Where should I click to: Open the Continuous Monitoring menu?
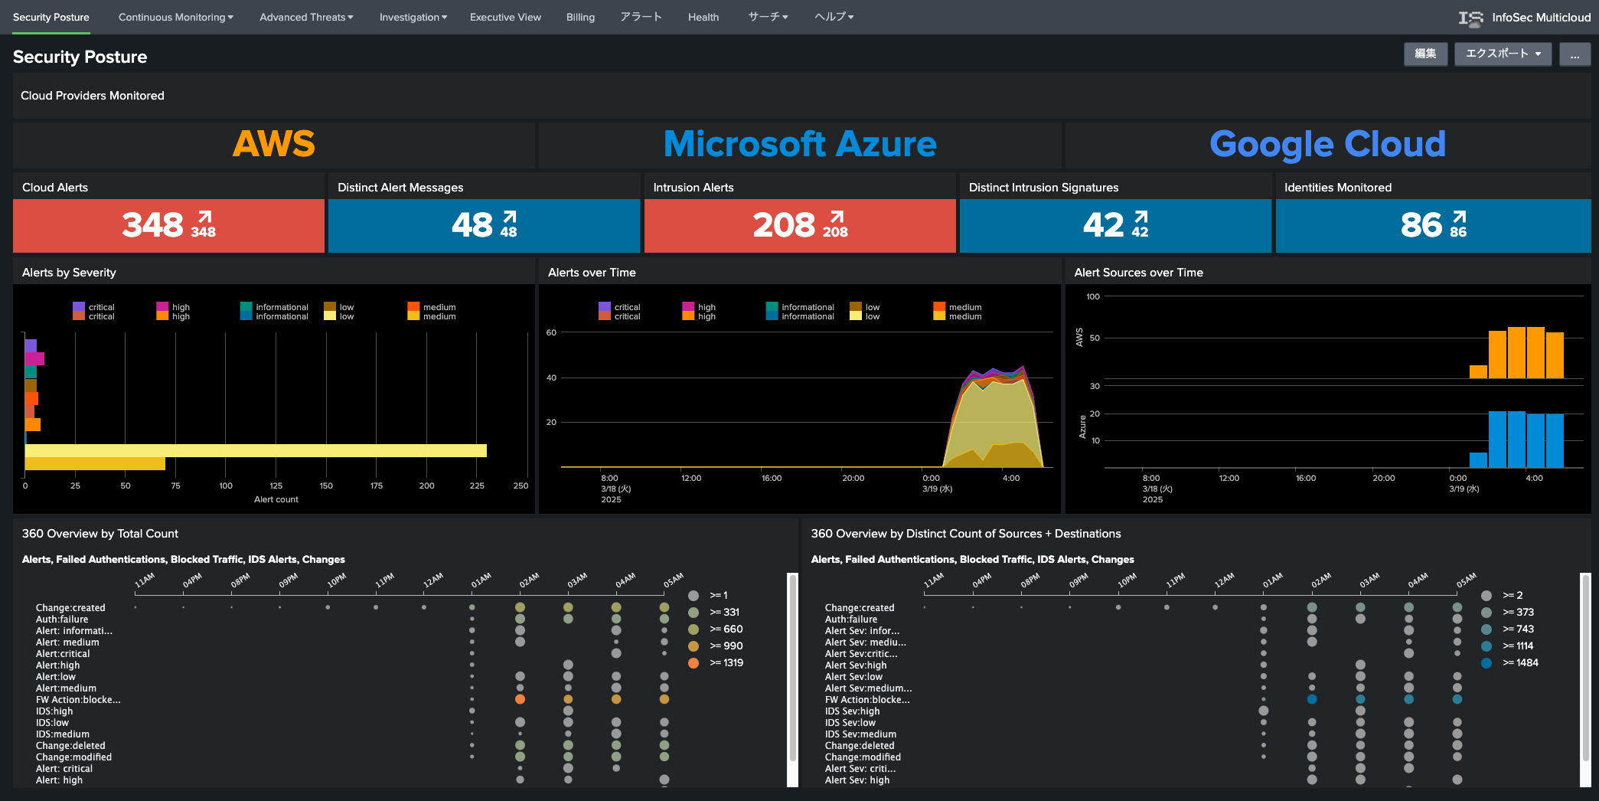(x=175, y=17)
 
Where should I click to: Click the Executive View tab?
(x=505, y=17)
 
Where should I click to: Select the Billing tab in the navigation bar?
(x=580, y=17)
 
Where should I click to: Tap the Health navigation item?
(x=703, y=17)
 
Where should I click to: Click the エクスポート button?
(x=1503, y=54)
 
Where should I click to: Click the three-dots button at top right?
(x=1575, y=54)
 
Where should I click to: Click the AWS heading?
(x=274, y=144)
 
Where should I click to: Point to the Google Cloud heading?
(x=1327, y=144)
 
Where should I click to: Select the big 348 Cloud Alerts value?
(x=152, y=225)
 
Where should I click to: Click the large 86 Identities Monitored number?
(x=1421, y=225)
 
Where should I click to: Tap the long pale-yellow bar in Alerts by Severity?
(x=256, y=450)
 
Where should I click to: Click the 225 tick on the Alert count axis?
(x=477, y=486)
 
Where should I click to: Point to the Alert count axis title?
(x=276, y=499)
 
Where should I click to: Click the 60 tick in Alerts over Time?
(x=551, y=332)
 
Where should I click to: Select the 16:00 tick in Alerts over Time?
(x=772, y=478)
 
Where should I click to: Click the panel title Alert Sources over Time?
(x=1138, y=273)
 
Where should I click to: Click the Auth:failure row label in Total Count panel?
(x=62, y=620)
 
